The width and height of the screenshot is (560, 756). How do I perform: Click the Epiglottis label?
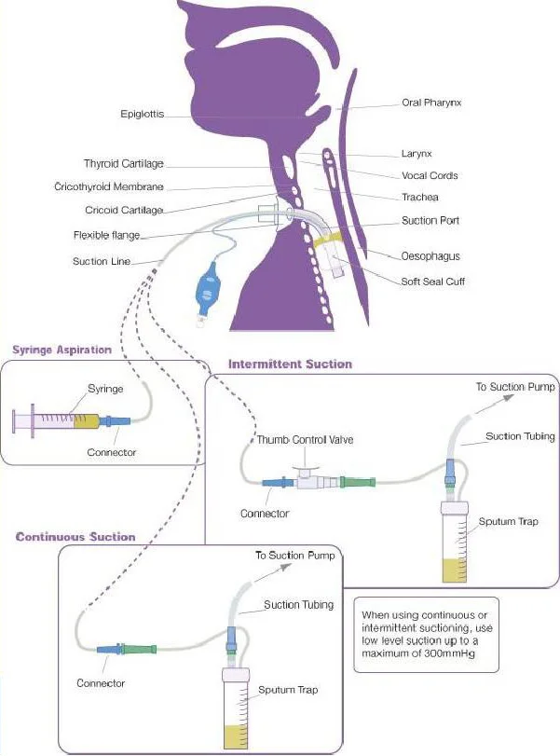[x=143, y=115]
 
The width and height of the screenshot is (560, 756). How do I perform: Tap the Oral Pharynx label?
[x=431, y=103]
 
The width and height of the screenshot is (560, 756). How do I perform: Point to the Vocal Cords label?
[x=430, y=175]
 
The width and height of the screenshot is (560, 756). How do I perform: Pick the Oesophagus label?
[x=430, y=255]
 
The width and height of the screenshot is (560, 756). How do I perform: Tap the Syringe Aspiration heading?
[x=61, y=351]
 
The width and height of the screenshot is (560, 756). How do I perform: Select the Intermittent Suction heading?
[x=290, y=364]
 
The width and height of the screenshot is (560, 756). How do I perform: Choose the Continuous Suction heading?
[x=75, y=537]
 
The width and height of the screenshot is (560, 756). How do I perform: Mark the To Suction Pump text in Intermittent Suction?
[x=515, y=386]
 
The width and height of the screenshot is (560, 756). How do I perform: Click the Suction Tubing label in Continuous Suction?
[x=298, y=605]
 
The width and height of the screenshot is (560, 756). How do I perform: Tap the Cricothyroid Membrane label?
[x=109, y=187]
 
